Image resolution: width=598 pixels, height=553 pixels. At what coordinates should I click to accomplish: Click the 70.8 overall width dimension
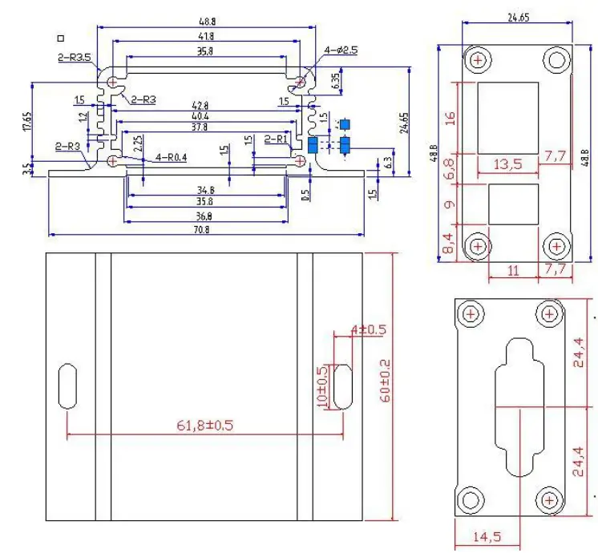(x=206, y=229)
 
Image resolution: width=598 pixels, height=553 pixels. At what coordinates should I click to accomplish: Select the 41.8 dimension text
(x=207, y=36)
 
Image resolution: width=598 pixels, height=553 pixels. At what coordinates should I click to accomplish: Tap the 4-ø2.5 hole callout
(x=341, y=50)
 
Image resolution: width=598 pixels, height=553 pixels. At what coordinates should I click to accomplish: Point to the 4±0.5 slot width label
(x=368, y=329)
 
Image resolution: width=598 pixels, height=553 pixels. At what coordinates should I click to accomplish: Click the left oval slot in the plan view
(x=67, y=386)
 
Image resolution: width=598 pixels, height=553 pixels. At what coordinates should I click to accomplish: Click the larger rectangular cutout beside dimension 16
(x=508, y=119)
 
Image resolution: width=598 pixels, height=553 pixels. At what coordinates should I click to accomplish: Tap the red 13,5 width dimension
(x=507, y=164)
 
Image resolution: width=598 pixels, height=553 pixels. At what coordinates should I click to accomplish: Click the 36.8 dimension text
(x=206, y=216)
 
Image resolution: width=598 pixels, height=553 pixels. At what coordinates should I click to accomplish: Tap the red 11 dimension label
(x=513, y=270)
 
